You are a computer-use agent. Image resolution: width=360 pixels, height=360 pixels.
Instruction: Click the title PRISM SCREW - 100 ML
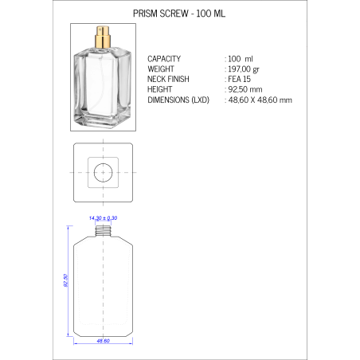click(x=179, y=14)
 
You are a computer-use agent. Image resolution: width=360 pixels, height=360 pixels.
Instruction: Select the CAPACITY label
click(x=165, y=59)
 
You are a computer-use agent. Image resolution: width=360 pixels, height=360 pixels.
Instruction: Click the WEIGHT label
click(x=162, y=69)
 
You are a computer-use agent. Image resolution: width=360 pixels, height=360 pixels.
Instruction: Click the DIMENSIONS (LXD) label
click(x=178, y=100)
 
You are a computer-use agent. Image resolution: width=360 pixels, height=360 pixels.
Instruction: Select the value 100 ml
click(x=241, y=59)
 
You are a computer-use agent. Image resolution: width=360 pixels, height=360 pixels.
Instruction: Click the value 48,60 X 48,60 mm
click(x=260, y=100)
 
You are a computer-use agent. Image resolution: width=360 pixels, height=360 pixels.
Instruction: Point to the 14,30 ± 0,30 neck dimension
click(x=102, y=217)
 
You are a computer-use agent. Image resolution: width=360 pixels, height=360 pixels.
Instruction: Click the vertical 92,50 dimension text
click(x=65, y=280)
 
